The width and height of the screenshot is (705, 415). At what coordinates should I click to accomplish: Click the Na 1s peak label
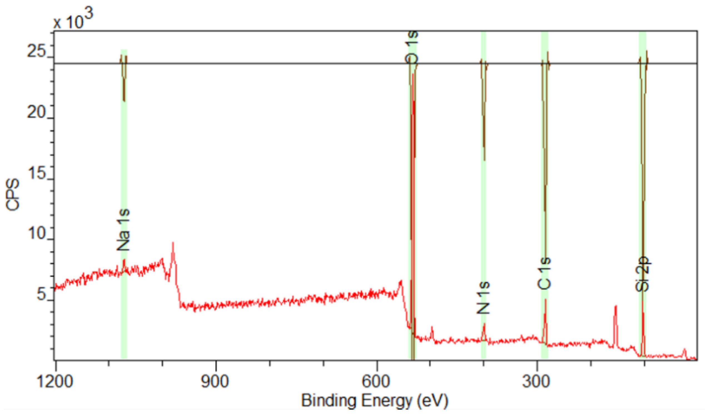(x=123, y=230)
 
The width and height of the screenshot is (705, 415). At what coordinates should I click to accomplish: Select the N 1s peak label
(x=483, y=298)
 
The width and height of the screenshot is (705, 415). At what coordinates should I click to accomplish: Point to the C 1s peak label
(x=544, y=273)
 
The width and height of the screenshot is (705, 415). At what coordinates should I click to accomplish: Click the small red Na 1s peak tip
(x=124, y=260)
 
